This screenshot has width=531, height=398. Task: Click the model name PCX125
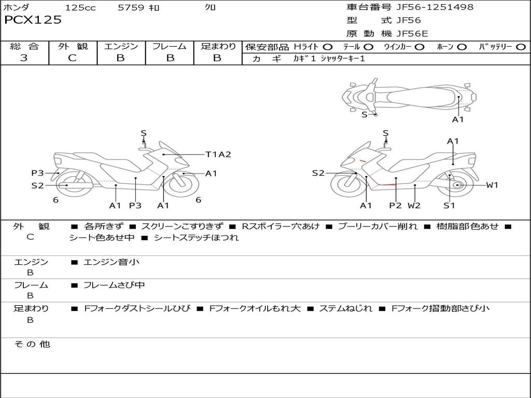click(x=33, y=20)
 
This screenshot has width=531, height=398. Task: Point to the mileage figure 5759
click(x=132, y=8)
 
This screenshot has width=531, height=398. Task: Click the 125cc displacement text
click(x=80, y=8)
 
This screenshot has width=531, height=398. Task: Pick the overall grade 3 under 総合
click(x=24, y=58)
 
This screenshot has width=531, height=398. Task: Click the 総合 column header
click(x=24, y=46)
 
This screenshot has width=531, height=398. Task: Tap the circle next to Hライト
click(x=328, y=47)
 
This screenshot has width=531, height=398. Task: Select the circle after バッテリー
click(x=521, y=47)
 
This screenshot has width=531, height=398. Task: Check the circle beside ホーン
click(x=462, y=47)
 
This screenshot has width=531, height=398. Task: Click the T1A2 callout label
click(x=218, y=154)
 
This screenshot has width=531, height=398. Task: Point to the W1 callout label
click(x=492, y=185)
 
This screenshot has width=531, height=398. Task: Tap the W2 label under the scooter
click(x=414, y=205)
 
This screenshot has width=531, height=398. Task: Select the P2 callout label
click(x=395, y=205)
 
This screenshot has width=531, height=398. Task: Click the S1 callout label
click(x=449, y=205)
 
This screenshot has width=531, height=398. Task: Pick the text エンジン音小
click(x=111, y=262)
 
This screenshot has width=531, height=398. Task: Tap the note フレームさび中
click(x=114, y=285)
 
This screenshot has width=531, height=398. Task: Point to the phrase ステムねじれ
click(x=345, y=308)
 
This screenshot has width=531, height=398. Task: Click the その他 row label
click(x=32, y=344)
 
